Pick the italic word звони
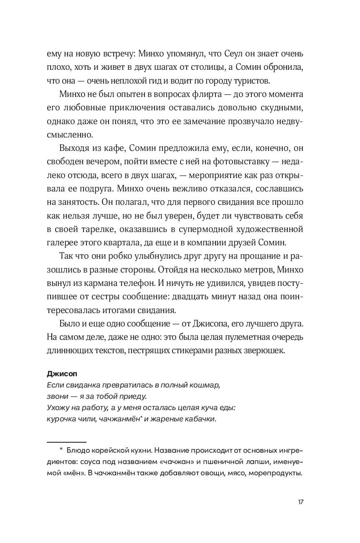[56, 396]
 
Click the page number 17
[300, 502]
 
